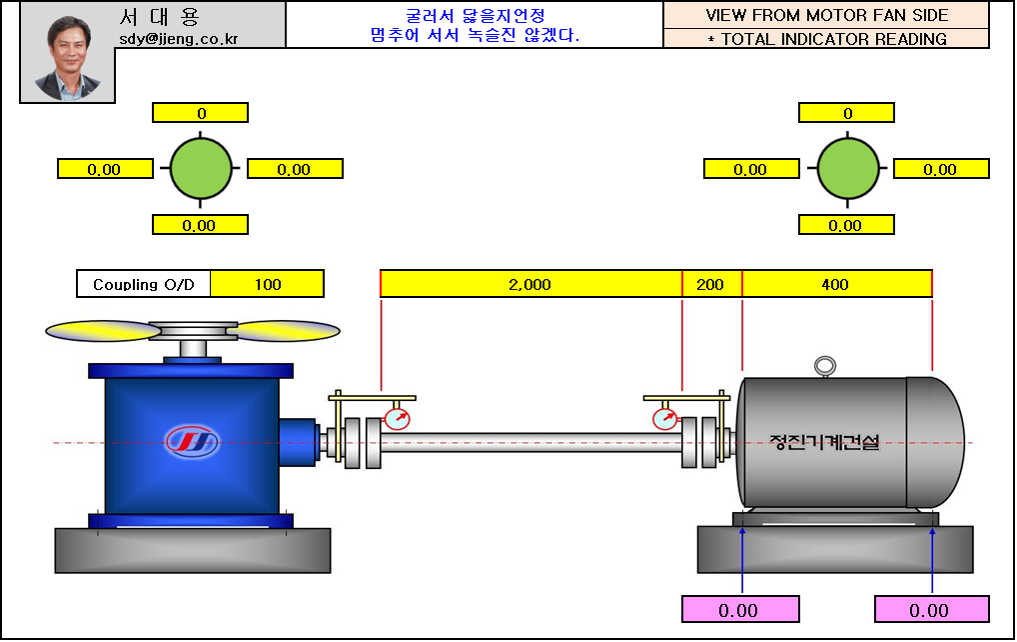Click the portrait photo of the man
coord(68,58)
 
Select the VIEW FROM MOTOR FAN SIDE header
coord(826,15)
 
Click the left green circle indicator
coord(201,168)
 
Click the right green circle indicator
coord(848,168)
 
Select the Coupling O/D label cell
coord(144,284)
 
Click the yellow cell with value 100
coord(268,284)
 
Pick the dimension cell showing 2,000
coord(530,284)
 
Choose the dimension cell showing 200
coord(710,284)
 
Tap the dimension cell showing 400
coord(835,284)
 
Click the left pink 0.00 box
coord(739,610)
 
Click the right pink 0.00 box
coord(930,610)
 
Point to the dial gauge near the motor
coord(664,418)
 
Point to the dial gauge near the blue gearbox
coord(397,418)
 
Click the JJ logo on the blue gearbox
coord(193,440)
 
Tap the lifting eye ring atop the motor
coord(825,367)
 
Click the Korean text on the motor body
coord(824,441)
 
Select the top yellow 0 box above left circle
coord(200,113)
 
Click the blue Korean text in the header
coord(475,25)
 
